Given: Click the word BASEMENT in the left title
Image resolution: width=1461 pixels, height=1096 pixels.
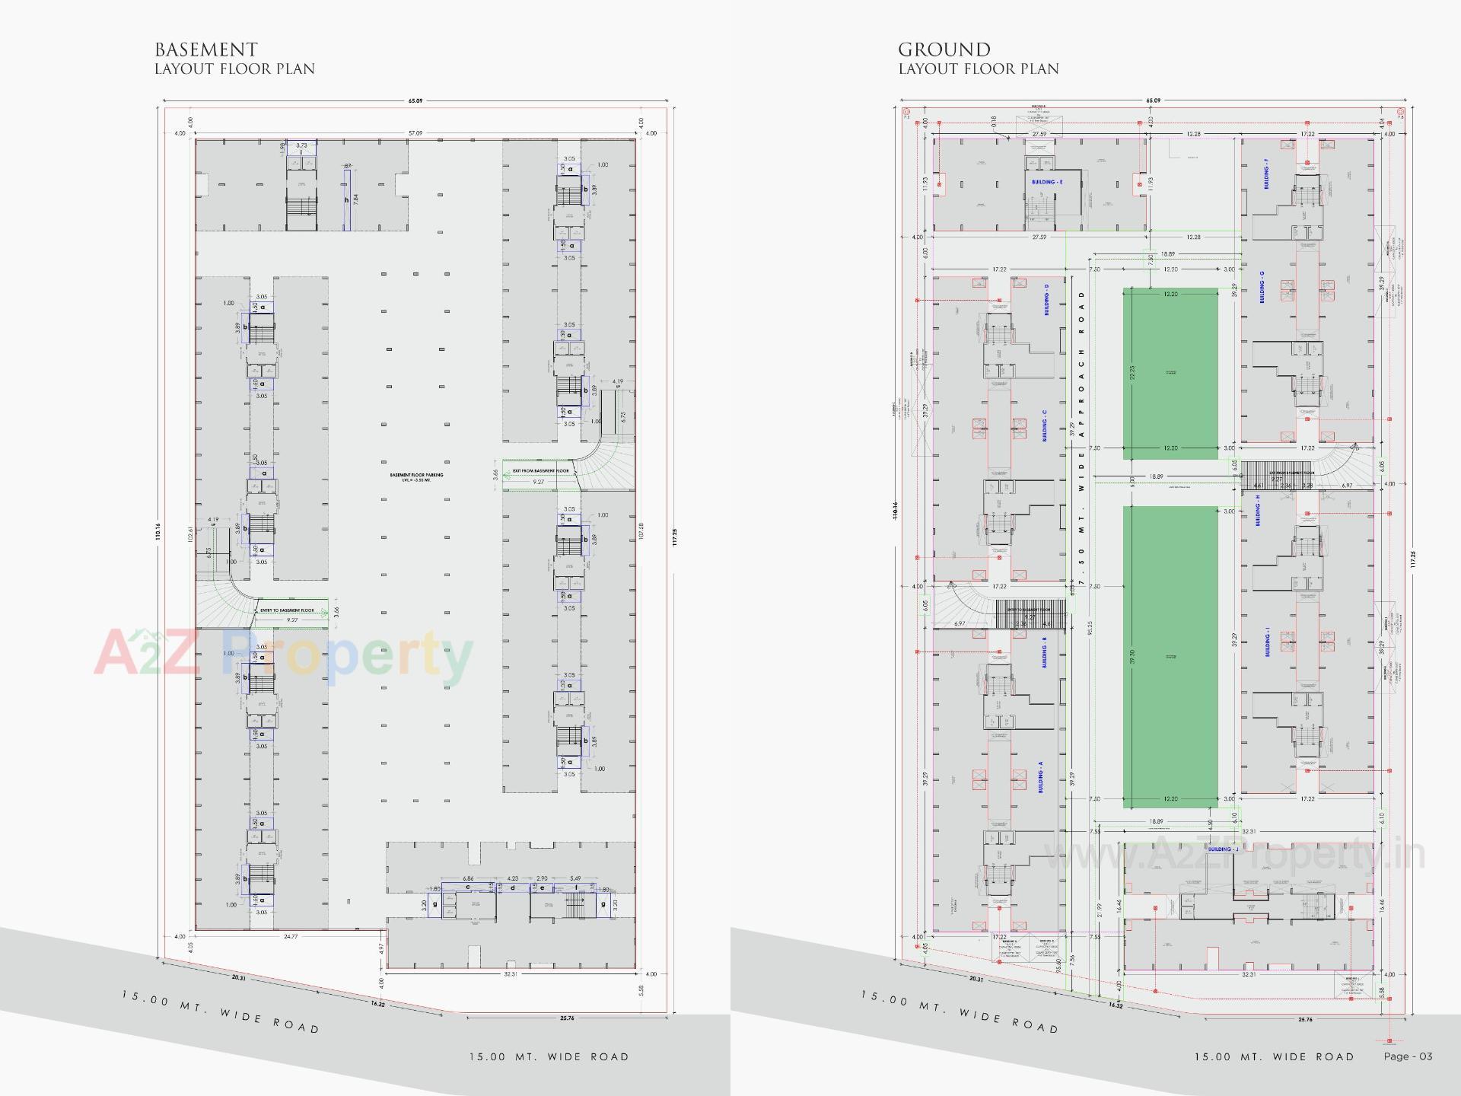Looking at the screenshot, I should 206,50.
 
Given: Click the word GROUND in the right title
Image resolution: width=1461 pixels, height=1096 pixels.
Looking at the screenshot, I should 944,50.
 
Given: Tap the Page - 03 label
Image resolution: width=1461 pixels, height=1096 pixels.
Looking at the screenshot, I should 1408,1056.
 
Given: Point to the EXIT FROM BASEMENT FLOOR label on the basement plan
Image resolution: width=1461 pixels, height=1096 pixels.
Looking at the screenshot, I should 540,471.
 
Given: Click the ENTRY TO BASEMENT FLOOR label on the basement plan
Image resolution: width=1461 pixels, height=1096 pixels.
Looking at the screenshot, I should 287,610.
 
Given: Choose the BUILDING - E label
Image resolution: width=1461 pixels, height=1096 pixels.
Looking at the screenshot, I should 1047,182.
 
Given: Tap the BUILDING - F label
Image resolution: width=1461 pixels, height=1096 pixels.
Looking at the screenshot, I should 1266,174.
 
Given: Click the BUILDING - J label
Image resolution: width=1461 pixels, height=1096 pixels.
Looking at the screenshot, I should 1223,849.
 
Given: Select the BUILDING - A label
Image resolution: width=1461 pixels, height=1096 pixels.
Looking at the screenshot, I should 1040,777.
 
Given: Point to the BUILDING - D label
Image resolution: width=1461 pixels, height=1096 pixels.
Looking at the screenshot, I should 1046,300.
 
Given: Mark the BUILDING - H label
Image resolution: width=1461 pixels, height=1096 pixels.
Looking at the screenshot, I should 1258,510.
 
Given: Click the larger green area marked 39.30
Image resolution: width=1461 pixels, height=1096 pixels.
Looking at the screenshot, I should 1170,657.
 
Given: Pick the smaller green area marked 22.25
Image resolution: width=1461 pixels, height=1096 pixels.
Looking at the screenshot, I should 1170,373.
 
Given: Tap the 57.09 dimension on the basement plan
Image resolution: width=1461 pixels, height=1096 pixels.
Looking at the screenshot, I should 415,133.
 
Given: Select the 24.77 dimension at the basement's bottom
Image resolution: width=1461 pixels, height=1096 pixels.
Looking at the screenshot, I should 291,936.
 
